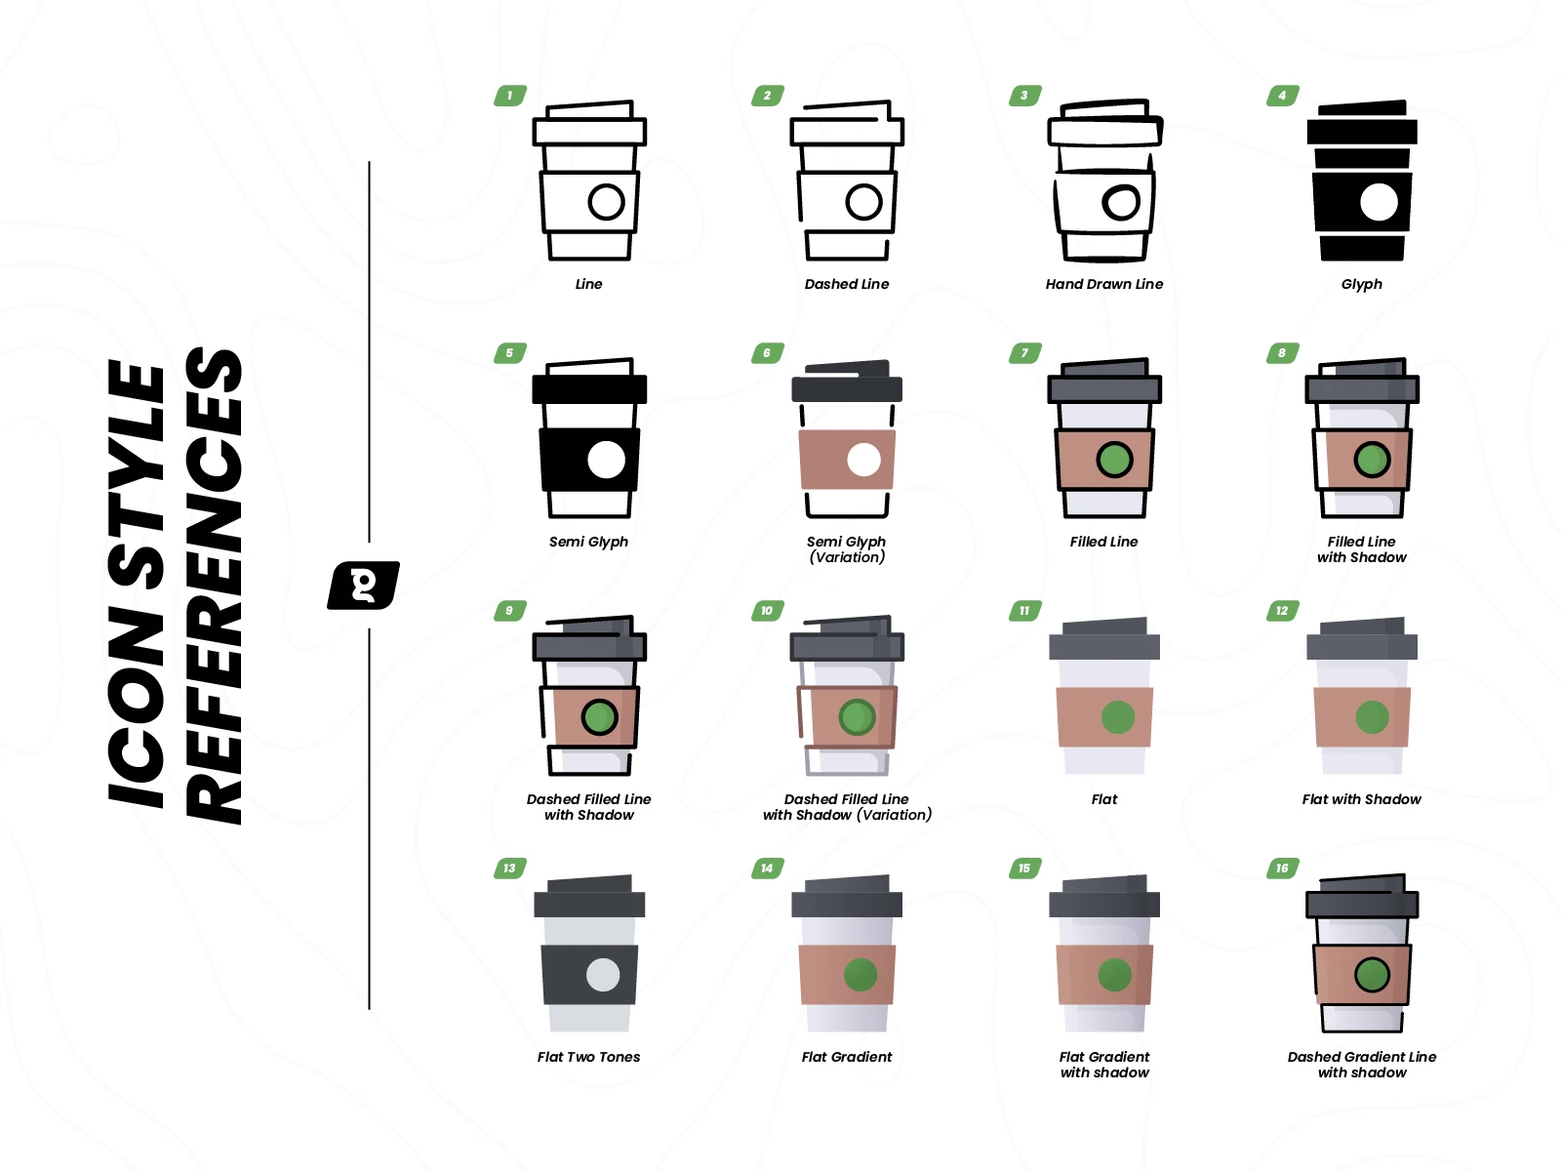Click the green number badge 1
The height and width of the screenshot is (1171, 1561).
510,96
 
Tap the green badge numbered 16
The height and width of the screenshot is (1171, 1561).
1282,868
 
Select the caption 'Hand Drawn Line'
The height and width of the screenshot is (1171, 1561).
1103,284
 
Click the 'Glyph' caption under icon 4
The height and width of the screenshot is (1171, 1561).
1361,284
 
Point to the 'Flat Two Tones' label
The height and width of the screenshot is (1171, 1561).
589,1057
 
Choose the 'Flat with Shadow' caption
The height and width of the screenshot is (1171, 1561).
1361,799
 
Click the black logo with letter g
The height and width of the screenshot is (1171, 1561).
363,585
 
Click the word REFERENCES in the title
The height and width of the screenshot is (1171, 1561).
214,585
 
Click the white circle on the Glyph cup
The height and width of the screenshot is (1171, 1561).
1379,202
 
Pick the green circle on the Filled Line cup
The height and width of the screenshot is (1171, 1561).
1114,460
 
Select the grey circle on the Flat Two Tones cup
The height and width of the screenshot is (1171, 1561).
603,975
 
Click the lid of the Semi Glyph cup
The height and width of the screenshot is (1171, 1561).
589,389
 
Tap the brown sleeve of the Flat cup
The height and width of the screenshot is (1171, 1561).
1104,717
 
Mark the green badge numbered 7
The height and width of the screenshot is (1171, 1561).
1024,352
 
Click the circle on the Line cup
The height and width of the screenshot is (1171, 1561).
607,202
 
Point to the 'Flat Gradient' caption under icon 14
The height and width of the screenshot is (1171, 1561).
846,1057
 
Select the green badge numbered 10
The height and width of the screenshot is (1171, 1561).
768,611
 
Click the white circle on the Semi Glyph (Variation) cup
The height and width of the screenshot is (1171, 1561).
864,460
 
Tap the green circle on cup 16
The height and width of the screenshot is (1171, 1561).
1372,975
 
